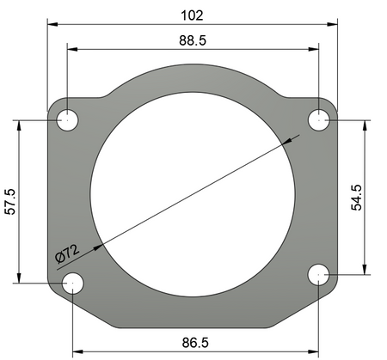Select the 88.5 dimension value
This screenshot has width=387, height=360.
coord(193,40)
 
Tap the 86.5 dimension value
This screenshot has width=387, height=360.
coord(194,342)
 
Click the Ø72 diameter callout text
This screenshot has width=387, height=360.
coord(67,252)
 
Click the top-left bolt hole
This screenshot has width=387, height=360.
coord(67,120)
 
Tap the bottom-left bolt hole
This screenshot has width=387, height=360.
coord(73,281)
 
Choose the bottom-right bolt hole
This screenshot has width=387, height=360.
coord(319,274)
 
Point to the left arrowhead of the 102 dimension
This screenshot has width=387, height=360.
coord(52,25)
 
